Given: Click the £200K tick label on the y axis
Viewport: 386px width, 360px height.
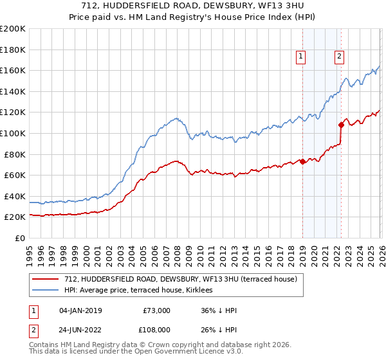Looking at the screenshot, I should coord(13,29).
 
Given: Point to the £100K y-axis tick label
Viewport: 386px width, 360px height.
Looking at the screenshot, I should coord(13,133).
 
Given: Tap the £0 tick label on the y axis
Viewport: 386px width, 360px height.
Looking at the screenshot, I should coord(21,238).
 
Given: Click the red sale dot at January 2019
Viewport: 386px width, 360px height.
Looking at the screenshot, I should coord(302,161).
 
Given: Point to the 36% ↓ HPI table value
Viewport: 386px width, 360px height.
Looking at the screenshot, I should coord(219,310).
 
